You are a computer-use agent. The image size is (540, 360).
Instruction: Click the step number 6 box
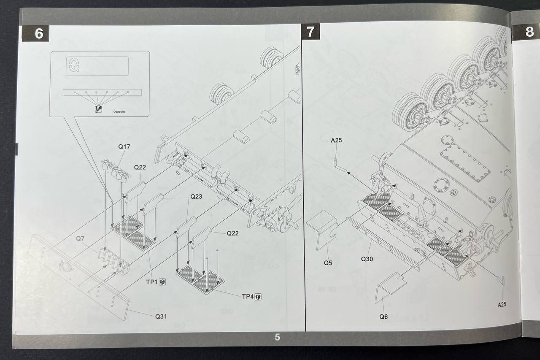tap(38, 33)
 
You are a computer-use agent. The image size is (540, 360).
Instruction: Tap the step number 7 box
tap(310, 32)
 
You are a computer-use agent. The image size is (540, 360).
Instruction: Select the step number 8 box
tap(529, 32)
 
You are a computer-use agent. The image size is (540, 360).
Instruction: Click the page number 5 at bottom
tap(277, 337)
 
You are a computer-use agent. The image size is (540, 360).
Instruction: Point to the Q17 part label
tap(124, 147)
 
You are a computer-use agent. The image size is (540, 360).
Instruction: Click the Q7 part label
tap(80, 238)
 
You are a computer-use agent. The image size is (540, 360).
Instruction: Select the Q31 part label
tap(161, 316)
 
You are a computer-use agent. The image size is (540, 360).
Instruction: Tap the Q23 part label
tap(196, 197)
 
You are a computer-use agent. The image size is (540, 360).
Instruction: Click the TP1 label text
tap(151, 282)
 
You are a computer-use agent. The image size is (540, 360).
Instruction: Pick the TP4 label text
tap(248, 297)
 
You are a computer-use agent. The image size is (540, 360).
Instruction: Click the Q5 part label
tap(328, 263)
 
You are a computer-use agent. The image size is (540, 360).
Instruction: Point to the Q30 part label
tap(367, 259)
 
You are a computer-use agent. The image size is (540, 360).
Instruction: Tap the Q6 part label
tap(383, 317)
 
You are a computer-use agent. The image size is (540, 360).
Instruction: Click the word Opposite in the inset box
tap(119, 112)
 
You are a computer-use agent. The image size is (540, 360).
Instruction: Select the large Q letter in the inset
tap(73, 65)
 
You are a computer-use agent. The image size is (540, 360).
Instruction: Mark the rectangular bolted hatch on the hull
tap(465, 162)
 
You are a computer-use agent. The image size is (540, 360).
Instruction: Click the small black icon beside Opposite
tap(98, 110)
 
